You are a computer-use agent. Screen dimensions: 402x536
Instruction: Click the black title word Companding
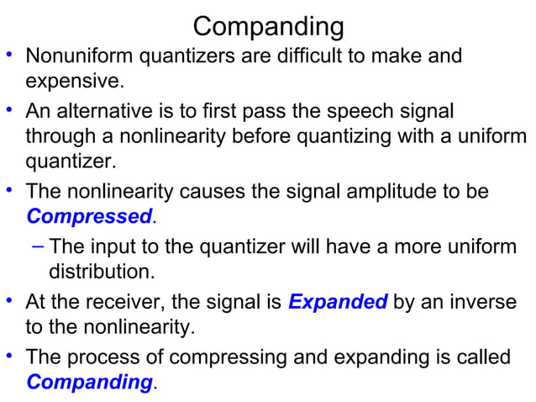pos(268,26)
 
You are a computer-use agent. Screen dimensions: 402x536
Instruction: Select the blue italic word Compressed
pos(88,217)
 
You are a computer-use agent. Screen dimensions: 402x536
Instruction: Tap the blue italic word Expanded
pos(338,301)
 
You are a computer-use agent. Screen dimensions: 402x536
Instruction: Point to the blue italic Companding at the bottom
pos(89,382)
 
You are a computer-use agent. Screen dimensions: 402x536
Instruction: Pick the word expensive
pos(75,82)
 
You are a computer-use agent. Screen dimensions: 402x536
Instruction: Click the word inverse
pos(483,301)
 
